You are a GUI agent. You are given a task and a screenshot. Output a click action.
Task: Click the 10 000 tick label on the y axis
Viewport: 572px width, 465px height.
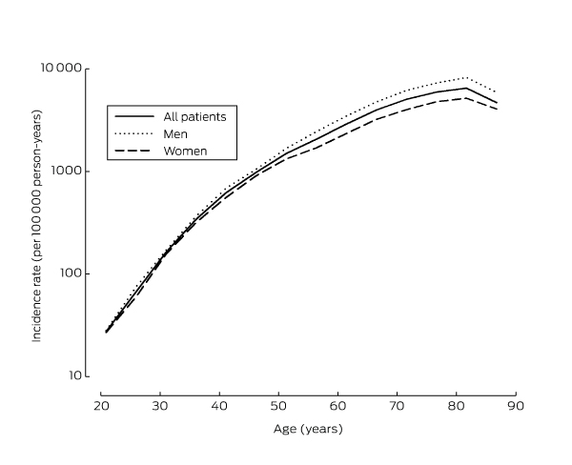coord(64,70)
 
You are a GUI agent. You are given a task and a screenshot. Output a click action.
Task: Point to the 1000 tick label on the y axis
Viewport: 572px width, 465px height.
coord(70,172)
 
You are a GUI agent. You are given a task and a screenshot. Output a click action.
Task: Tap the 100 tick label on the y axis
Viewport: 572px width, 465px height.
coord(73,273)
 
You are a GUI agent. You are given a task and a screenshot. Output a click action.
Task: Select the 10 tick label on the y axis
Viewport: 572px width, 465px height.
coord(77,375)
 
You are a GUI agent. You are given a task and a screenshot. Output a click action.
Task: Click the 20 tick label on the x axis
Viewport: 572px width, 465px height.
coord(101,405)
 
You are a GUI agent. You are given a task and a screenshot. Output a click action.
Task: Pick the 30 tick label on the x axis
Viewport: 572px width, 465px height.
coord(160,405)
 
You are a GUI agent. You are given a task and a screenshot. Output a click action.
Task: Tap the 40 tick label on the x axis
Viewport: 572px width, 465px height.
coord(219,405)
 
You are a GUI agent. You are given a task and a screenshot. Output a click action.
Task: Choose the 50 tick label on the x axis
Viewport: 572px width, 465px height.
coord(278,405)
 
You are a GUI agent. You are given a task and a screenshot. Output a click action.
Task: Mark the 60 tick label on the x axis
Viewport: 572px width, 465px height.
coord(337,405)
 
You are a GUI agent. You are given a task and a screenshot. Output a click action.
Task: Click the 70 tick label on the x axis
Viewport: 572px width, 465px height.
coord(397,405)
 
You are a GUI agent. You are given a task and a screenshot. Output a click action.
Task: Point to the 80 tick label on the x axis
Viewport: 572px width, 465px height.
coord(456,405)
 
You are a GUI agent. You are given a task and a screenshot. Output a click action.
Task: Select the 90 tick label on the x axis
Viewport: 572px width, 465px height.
coord(515,405)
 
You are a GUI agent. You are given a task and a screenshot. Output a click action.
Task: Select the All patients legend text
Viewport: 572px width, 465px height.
coord(194,115)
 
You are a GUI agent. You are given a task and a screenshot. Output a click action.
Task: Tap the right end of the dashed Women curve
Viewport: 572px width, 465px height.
coord(497,110)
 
